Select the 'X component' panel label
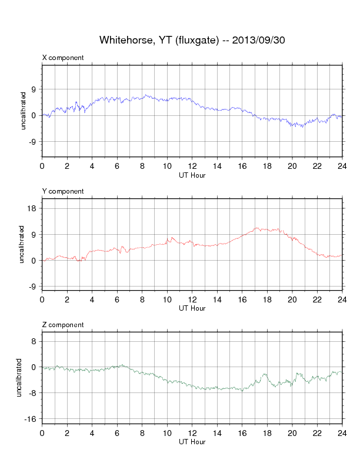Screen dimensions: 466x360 [x=63, y=58]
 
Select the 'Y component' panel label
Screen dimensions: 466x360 [x=63, y=191]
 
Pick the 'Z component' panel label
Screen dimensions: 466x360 [x=63, y=325]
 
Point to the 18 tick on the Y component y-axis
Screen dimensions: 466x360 [x=33, y=208]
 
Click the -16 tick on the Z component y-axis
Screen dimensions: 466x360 [x=31, y=419]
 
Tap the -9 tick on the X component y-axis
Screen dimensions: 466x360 [x=33, y=142]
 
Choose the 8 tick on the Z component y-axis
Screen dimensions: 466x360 [x=35, y=341]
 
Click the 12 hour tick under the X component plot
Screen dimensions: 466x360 [x=192, y=166]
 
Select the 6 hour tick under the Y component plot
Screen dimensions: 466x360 [x=117, y=299]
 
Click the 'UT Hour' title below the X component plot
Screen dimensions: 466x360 [x=192, y=174]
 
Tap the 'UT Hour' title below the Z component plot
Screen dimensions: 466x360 [x=192, y=441]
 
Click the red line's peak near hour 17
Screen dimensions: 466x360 [x=256, y=228]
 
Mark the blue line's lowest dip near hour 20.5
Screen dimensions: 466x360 [x=302, y=127]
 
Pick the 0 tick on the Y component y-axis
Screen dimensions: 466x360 [x=35, y=260]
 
